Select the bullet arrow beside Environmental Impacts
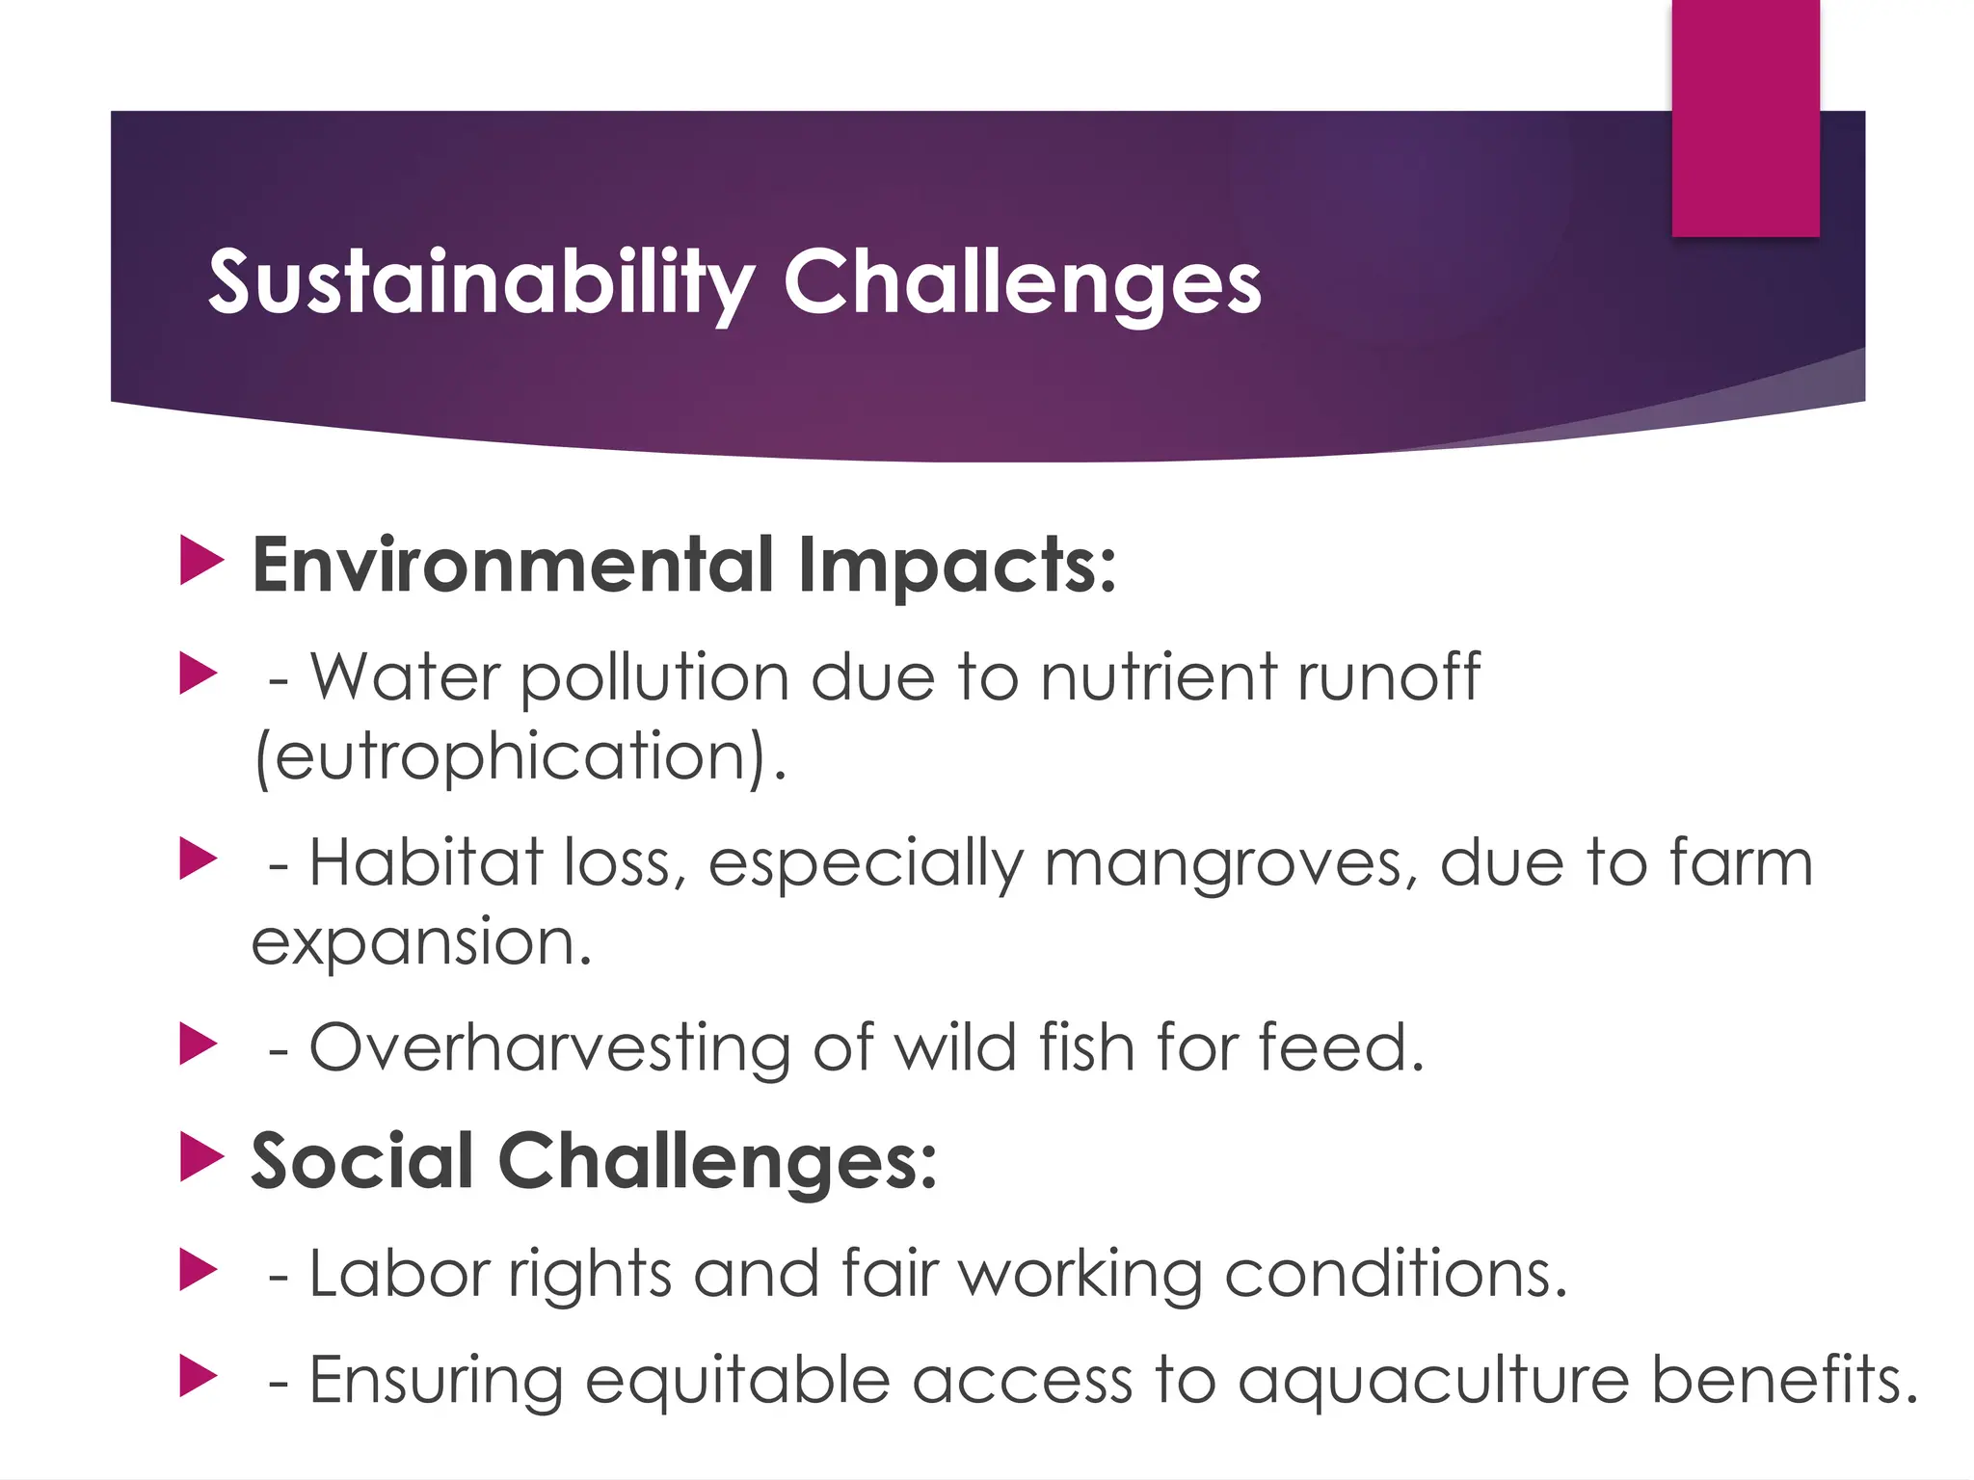(200, 562)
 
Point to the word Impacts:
(957, 567)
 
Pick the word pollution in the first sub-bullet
(654, 678)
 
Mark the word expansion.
(421, 942)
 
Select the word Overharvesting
(549, 1048)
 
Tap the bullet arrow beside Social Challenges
(200, 1157)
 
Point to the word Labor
(399, 1274)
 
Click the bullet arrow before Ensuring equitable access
(199, 1377)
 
